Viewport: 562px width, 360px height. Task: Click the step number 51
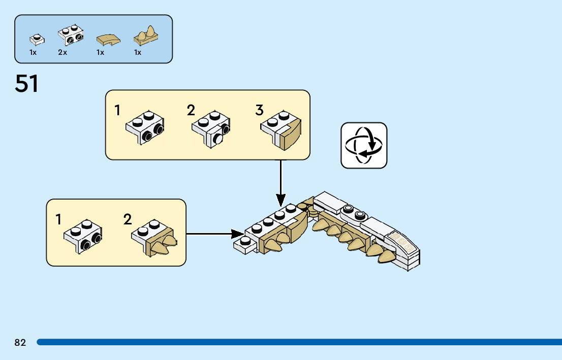[27, 84]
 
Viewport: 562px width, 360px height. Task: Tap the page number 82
[20, 343]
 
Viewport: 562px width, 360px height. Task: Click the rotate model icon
[364, 145]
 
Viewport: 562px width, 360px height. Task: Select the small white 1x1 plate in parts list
[37, 38]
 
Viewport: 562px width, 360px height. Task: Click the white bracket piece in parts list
[71, 34]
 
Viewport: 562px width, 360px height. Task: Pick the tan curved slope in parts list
[108, 39]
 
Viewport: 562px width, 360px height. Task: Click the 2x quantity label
[63, 52]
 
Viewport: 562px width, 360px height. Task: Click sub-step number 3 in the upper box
[260, 110]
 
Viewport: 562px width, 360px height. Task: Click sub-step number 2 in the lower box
[128, 219]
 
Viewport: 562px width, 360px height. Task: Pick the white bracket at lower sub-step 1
[83, 236]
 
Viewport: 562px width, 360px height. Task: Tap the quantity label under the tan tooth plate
[138, 52]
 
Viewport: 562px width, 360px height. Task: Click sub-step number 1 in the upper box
[118, 110]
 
